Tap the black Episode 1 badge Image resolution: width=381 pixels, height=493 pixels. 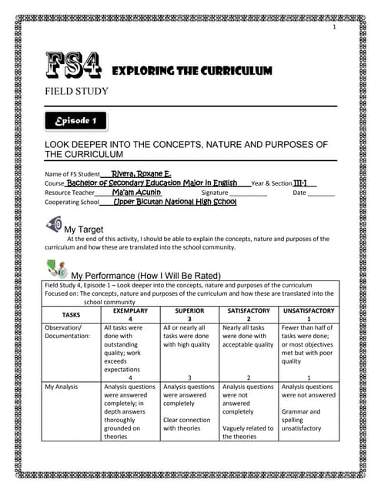(75, 121)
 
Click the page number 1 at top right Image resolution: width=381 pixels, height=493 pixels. (335, 29)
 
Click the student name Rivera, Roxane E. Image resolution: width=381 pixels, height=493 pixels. (141, 174)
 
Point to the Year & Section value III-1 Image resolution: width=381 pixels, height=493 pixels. (305, 183)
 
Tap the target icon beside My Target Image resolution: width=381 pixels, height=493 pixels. (53, 225)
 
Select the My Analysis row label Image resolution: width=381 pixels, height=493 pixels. (64, 387)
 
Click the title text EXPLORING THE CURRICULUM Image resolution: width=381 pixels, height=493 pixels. (192, 71)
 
